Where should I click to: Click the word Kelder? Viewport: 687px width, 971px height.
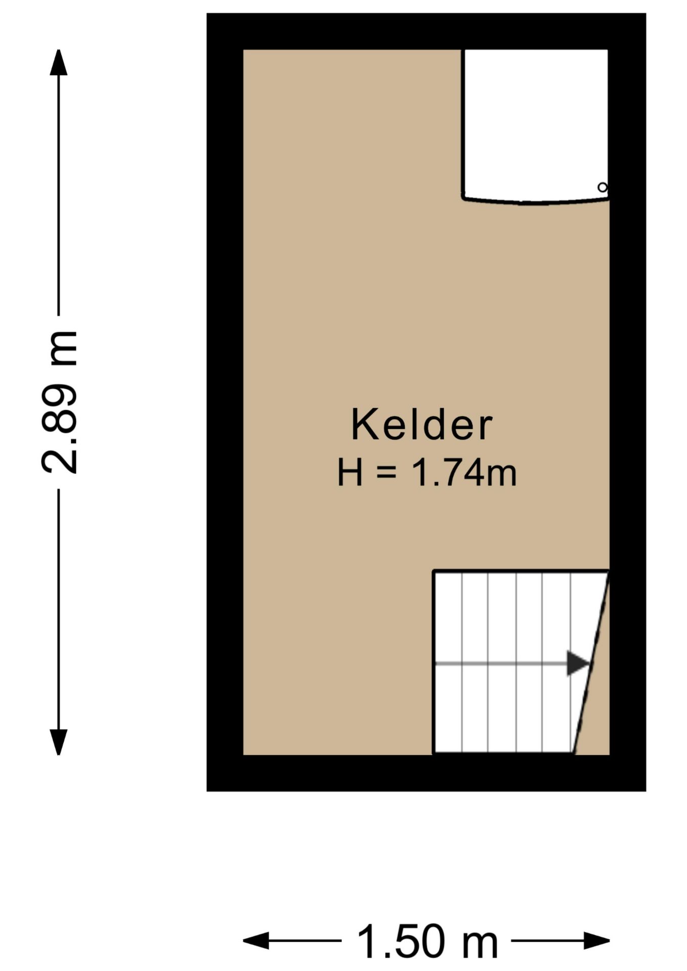(x=421, y=424)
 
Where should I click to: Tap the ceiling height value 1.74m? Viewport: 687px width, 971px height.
(x=464, y=473)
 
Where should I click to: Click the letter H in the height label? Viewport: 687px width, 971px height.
(x=350, y=473)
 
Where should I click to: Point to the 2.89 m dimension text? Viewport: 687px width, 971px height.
(x=59, y=402)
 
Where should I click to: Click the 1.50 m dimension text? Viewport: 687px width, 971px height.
(x=427, y=942)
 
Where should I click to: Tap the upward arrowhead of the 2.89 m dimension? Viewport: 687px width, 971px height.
(x=59, y=63)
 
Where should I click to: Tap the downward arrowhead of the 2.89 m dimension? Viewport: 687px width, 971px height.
(x=59, y=741)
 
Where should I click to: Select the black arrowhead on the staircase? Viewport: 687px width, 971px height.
(x=577, y=663)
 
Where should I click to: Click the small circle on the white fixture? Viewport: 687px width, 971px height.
(x=602, y=187)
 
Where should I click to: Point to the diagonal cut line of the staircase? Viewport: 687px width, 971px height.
(x=591, y=663)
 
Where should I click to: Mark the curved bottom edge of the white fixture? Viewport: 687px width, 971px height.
(x=535, y=202)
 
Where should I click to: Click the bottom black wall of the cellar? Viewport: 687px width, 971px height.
(x=426, y=773)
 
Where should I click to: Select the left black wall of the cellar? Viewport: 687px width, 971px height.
(x=225, y=402)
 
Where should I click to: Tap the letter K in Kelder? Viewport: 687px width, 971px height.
(x=363, y=424)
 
